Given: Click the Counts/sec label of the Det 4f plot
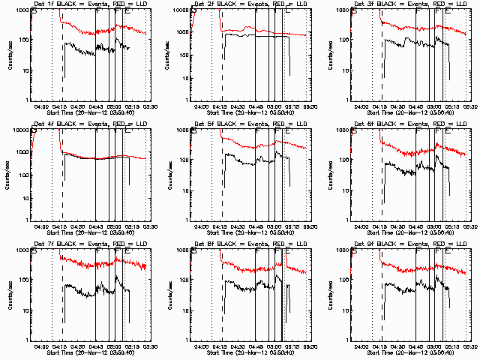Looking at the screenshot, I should (9, 175).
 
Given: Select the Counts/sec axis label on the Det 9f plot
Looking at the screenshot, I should (330, 295).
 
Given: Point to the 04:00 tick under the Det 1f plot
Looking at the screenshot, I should (42, 106).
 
